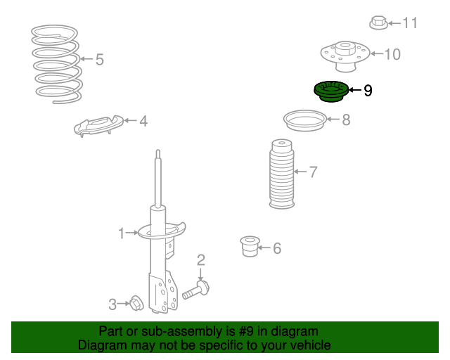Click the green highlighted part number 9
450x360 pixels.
tap(331, 91)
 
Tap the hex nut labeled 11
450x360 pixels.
tap(378, 22)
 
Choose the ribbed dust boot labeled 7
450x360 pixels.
tap(281, 174)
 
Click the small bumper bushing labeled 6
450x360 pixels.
tap(250, 246)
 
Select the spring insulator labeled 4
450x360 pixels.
tap(98, 126)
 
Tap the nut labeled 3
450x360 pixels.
tap(136, 303)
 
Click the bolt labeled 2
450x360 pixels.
tap(195, 290)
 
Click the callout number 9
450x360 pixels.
tap(368, 91)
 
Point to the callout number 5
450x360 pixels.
tap(99, 60)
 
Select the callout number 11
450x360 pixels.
tap(410, 22)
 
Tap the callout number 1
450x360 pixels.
tap(122, 233)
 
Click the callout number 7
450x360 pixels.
tap(313, 172)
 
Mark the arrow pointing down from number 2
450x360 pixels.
tap(200, 274)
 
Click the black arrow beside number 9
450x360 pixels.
tap(354, 90)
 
